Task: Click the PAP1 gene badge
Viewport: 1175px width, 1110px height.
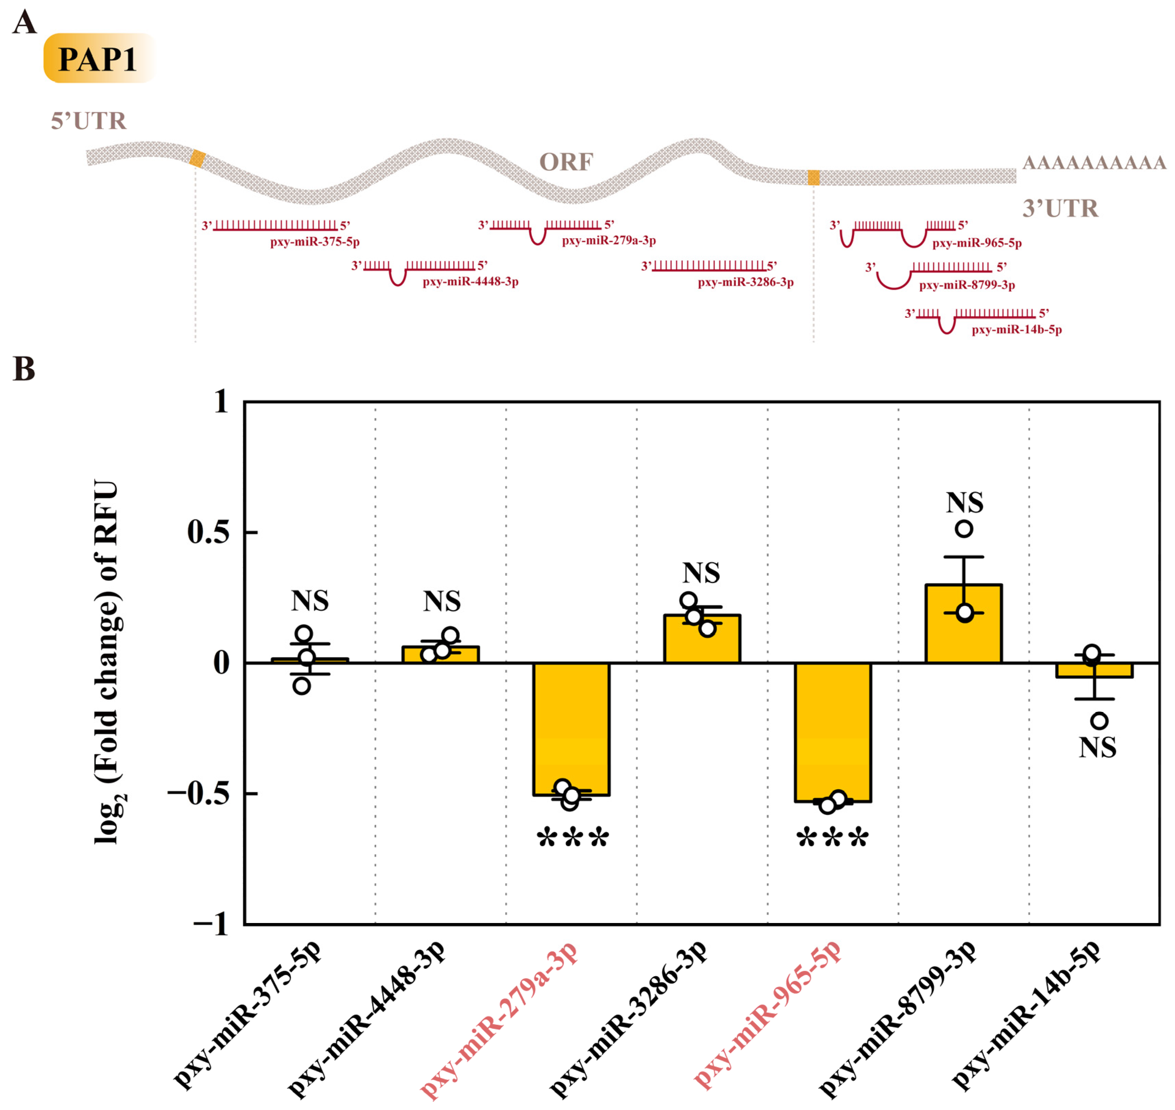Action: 98,59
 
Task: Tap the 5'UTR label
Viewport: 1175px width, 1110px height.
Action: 88,121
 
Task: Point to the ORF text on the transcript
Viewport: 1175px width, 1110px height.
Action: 565,161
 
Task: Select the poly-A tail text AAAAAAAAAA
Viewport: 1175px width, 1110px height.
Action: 1094,162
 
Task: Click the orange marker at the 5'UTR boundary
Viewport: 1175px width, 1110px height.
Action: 197,159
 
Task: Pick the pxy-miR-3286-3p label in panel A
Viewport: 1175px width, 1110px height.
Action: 745,282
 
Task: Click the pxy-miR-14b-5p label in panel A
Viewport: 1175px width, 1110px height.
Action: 1016,330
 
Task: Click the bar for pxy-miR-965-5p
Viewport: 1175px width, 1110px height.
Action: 832,731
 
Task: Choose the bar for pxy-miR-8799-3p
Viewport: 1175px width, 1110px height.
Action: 963,624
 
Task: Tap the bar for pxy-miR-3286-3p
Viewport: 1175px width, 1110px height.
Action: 702,639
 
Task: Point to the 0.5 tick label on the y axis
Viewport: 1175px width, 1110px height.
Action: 208,532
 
